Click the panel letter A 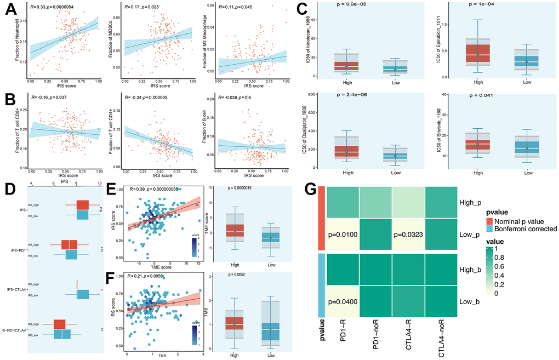10,11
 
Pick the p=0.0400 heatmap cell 343,301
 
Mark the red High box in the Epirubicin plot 477,50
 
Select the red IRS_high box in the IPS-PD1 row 70,244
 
